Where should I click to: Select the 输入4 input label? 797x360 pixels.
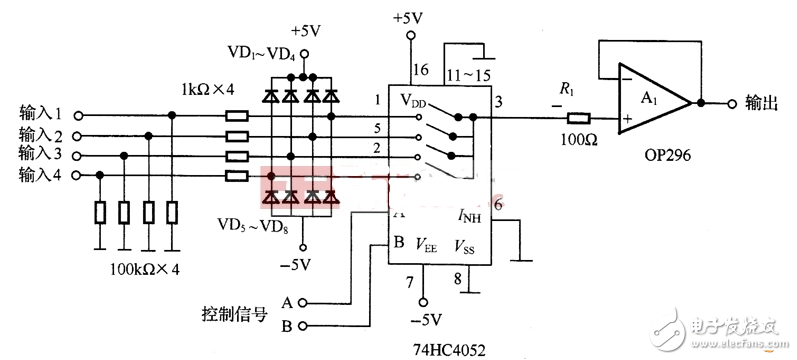click(40, 176)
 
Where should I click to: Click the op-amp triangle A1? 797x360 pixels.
click(651, 103)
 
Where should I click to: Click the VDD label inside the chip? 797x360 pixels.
click(414, 101)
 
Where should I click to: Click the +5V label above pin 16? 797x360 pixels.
click(409, 18)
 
